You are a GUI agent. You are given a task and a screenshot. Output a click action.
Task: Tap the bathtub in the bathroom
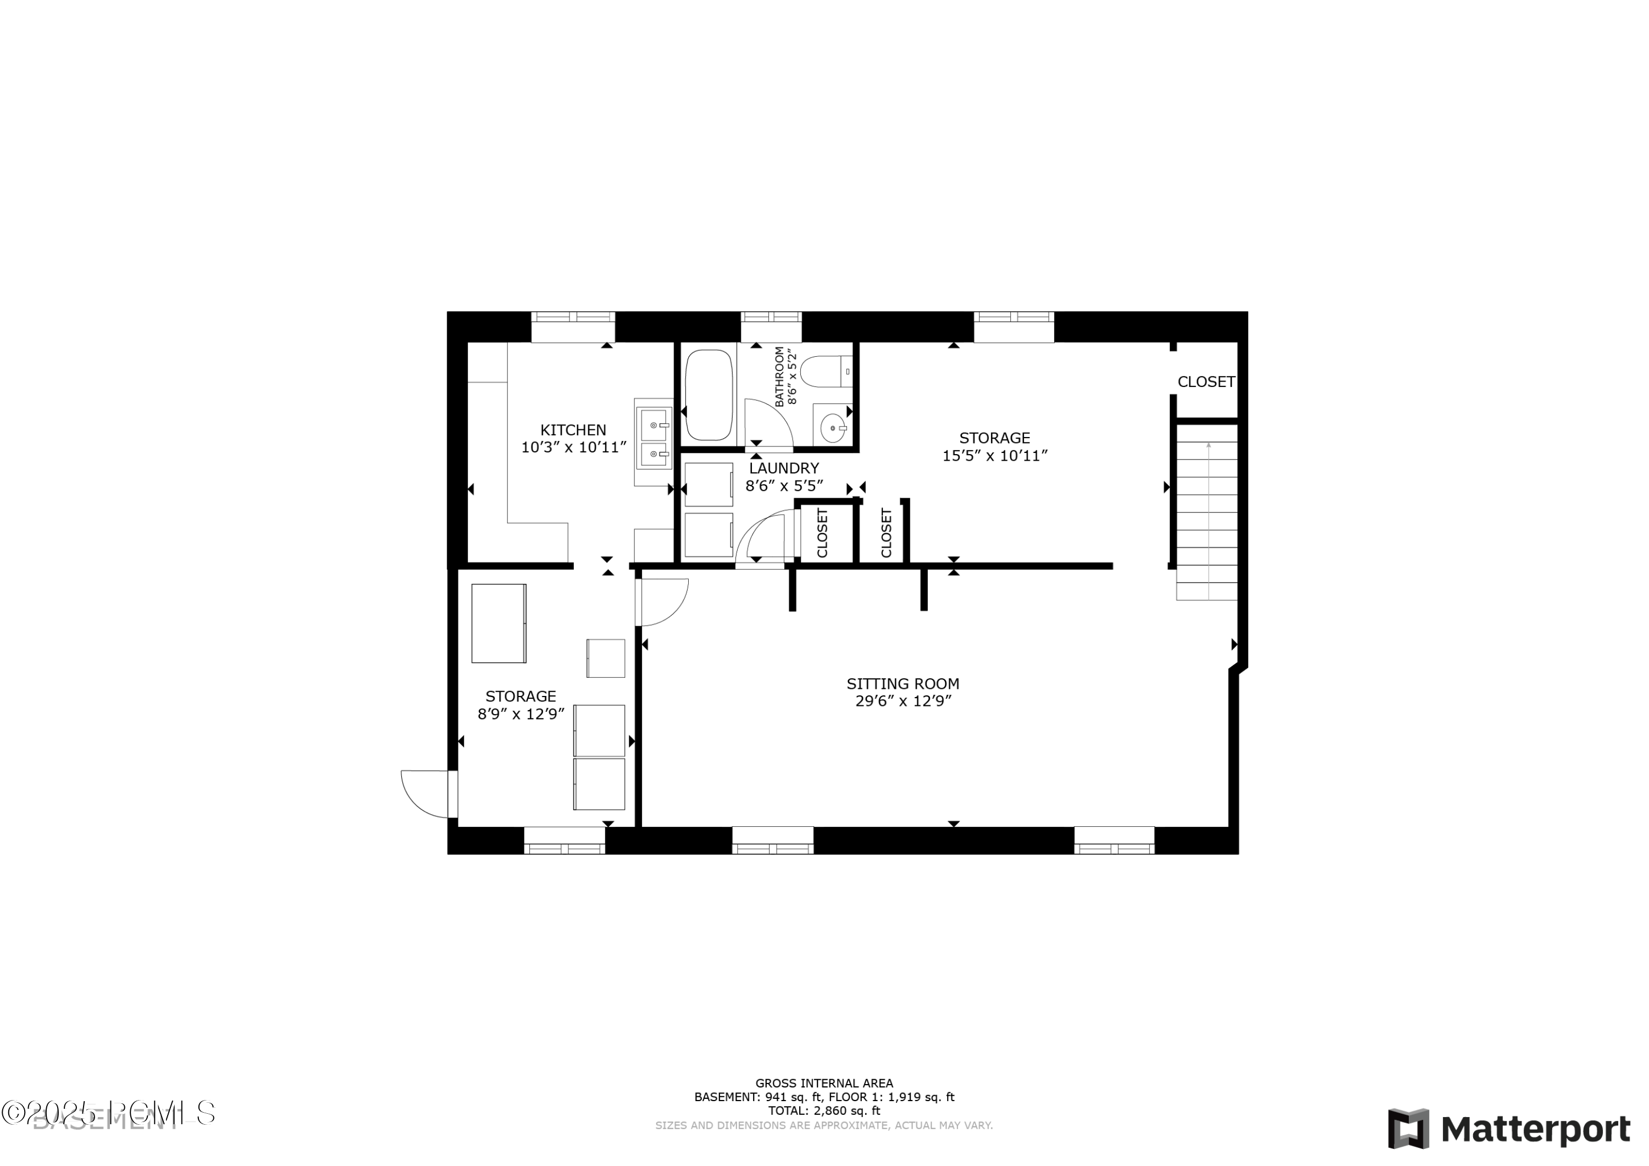[x=709, y=395]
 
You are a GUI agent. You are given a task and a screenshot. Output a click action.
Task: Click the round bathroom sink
[x=832, y=428]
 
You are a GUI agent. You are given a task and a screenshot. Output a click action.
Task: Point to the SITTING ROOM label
[x=902, y=684]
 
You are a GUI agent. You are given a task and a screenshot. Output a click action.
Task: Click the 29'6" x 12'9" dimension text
[x=902, y=701]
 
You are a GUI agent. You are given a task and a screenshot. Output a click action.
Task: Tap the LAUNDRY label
[x=784, y=468]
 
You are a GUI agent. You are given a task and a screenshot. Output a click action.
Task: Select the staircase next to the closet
[x=1207, y=511]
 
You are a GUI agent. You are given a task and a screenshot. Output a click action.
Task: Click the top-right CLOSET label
[x=1206, y=382]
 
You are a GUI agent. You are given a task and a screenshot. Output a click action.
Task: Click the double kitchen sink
[x=654, y=440]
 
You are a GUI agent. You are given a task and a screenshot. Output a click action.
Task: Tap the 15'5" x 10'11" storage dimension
[x=995, y=456]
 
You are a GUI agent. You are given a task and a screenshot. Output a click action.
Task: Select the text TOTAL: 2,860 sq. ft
[x=824, y=1110]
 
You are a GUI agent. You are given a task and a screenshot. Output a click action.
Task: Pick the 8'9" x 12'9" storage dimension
[x=521, y=714]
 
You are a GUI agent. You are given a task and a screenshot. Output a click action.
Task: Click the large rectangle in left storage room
[x=499, y=623]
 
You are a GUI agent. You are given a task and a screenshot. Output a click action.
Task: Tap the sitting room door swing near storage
[x=662, y=602]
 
